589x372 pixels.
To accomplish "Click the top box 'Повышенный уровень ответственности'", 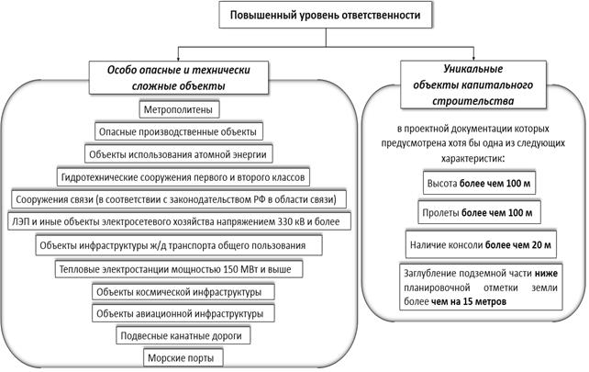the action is (x=326, y=15).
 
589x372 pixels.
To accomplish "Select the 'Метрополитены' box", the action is (x=179, y=110).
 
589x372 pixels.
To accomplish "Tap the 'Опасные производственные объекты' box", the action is (x=178, y=132).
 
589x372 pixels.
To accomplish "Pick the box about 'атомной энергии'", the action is (x=178, y=154).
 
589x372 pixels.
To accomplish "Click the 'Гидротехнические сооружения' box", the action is (x=183, y=176).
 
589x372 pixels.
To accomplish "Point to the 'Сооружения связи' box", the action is (x=179, y=199).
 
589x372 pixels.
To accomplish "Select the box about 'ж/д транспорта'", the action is (x=179, y=245).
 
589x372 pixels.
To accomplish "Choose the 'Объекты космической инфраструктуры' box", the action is (x=183, y=292).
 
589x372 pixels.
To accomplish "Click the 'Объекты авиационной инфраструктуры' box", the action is (x=183, y=314).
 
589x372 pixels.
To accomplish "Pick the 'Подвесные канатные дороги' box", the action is (x=183, y=335).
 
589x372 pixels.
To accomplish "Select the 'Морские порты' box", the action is (x=183, y=357).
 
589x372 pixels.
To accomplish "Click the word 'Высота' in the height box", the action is (x=442, y=184).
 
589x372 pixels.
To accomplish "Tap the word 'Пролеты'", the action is (x=440, y=213).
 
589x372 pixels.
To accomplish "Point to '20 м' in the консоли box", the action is (x=541, y=245).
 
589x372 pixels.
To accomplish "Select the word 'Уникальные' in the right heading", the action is (x=472, y=69).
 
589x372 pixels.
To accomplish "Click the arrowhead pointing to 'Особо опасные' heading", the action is (x=178, y=58).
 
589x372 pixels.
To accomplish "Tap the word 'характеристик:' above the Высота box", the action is (x=472, y=159).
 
